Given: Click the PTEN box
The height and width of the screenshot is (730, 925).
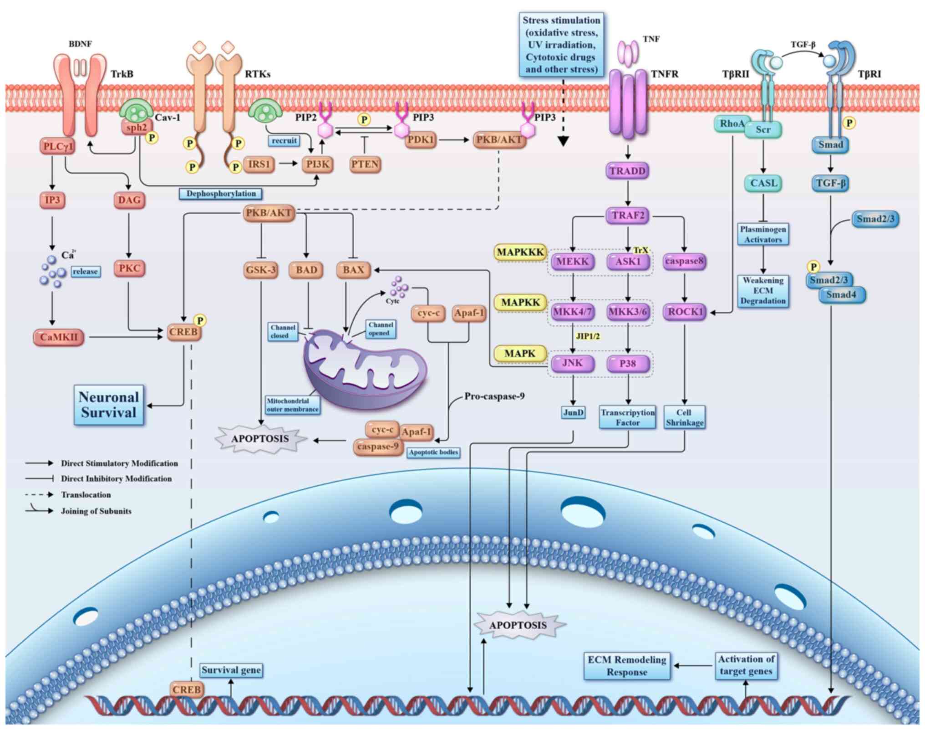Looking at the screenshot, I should coord(365,164).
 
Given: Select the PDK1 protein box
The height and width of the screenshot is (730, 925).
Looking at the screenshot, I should coord(420,140).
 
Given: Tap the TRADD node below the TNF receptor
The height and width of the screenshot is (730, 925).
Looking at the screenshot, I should coord(627,171).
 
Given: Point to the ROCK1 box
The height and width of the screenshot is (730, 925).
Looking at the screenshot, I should coord(685,312).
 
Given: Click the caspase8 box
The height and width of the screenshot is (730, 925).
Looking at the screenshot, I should coord(684,262).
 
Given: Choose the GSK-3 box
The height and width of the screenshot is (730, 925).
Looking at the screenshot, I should coord(261,270).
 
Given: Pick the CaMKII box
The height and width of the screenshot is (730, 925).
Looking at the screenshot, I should coord(59,337).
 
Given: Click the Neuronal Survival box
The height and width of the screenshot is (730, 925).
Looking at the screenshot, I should coord(109,405).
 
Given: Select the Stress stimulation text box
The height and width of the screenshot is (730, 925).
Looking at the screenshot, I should coord(561,45).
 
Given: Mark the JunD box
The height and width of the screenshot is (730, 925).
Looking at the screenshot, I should coord(573,413).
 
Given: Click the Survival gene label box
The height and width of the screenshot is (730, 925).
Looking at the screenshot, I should coord(231,670).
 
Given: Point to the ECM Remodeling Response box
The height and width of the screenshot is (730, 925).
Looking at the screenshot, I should coord(627,666).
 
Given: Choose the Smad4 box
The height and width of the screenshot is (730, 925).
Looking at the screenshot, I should coord(841,295).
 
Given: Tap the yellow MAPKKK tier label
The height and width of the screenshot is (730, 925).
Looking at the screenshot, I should coord(520,252).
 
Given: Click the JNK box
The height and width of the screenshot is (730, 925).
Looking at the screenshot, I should coord(572,363).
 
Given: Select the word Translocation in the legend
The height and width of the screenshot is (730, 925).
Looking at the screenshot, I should coord(86,495).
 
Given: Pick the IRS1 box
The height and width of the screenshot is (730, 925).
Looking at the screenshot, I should coord(259,164).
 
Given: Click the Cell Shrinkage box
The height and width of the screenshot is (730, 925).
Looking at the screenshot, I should coord(684,417).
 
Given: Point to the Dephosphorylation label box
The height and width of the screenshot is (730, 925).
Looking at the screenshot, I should coord(221,194).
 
